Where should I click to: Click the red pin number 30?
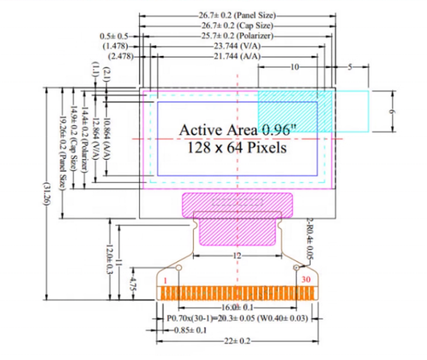[x=306, y=279]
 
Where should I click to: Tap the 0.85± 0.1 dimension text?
[x=189, y=330]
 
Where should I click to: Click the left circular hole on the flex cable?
[x=178, y=268]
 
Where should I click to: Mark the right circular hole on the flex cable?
[x=297, y=268]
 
